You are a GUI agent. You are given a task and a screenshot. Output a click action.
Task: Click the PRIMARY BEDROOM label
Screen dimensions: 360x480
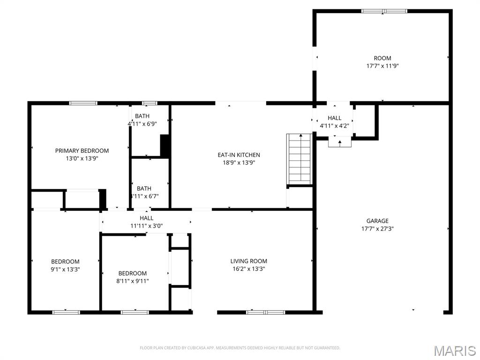click(82, 150)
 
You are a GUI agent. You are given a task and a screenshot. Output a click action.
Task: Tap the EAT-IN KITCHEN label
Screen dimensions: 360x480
click(239, 155)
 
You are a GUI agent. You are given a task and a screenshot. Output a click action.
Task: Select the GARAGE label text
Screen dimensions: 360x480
click(377, 221)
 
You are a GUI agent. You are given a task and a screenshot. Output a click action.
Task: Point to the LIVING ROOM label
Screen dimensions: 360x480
click(248, 261)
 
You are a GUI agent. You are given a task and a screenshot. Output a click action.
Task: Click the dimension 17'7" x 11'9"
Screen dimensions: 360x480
click(382, 66)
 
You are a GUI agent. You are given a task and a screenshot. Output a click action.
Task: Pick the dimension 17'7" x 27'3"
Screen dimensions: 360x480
click(377, 229)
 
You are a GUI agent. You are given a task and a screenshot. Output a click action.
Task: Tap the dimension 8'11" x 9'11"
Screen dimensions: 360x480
click(132, 281)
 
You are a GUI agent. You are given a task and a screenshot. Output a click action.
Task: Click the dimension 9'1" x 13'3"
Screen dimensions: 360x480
click(65, 269)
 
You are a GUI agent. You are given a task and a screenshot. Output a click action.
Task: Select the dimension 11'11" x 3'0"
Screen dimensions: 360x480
click(146, 226)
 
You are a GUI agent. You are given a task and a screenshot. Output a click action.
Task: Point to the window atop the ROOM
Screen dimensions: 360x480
click(384, 11)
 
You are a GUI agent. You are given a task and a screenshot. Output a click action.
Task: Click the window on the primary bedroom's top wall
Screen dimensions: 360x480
click(83, 103)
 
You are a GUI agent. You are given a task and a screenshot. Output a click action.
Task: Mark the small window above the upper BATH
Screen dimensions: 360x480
click(150, 103)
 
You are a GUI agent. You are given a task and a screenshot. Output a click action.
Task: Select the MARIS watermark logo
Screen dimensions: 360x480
click(455, 351)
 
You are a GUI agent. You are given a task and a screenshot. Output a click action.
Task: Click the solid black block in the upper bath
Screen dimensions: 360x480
click(165, 145)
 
